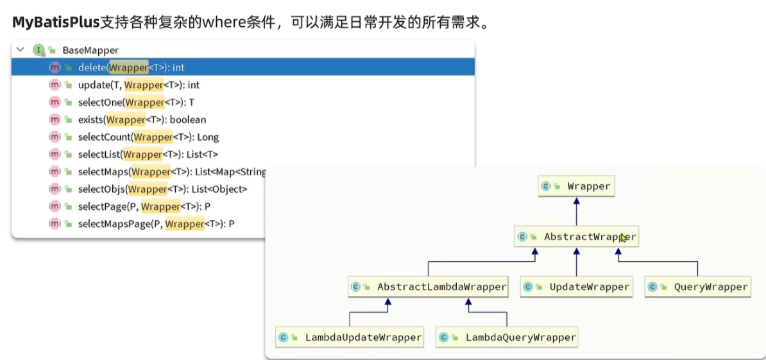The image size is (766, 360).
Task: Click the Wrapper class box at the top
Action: click(577, 186)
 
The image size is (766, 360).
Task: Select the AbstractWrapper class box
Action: click(577, 237)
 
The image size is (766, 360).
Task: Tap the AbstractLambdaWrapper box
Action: click(429, 287)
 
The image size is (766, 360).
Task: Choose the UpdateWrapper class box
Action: click(577, 287)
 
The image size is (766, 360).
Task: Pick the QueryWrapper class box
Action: click(697, 287)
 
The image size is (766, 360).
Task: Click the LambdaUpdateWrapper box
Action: click(349, 337)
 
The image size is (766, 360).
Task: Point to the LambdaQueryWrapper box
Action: click(507, 337)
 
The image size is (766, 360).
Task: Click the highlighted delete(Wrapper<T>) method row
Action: click(243, 67)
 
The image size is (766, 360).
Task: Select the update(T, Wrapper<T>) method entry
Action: click(139, 85)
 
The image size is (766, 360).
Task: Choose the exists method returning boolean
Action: click(142, 119)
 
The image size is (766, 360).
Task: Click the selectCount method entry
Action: click(148, 137)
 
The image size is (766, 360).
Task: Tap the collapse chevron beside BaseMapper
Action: click(20, 49)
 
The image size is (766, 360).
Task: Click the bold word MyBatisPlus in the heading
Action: click(56, 22)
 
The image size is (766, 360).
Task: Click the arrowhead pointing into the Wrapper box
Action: click(577, 200)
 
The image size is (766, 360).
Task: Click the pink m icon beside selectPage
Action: click(55, 207)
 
